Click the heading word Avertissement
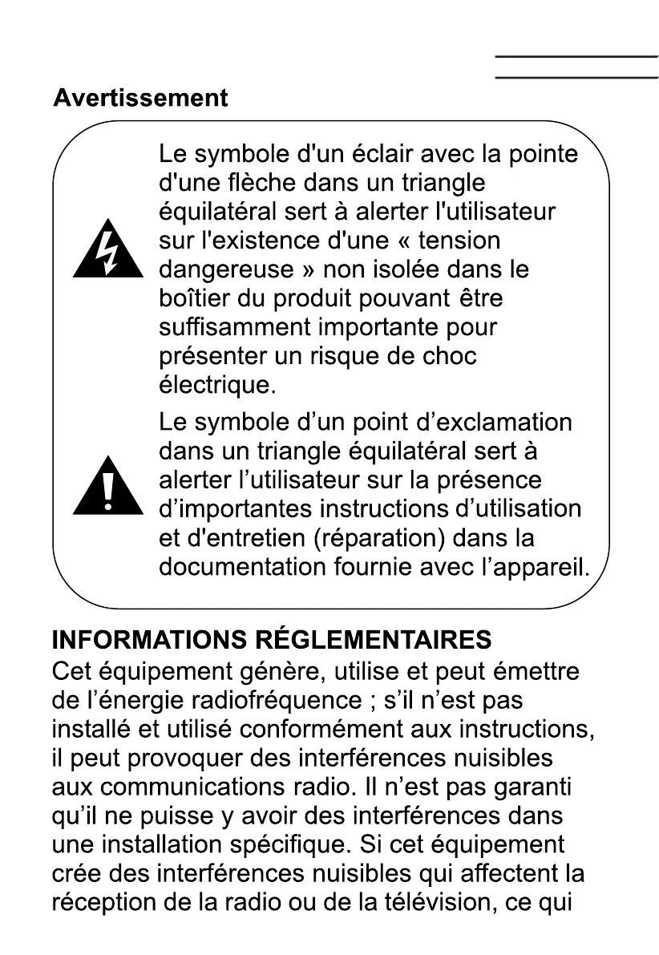click(x=140, y=98)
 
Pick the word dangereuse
click(x=226, y=269)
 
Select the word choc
click(x=450, y=357)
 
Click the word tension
click(x=459, y=241)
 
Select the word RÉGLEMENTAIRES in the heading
click(x=374, y=640)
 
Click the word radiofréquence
click(x=269, y=699)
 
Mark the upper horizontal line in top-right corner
click(x=576, y=56)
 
